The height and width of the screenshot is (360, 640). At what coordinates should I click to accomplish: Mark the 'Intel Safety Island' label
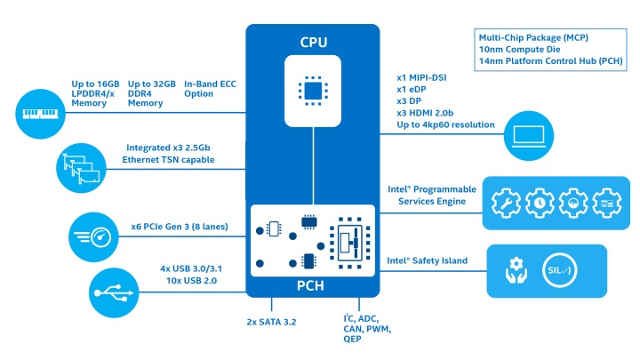coord(427,261)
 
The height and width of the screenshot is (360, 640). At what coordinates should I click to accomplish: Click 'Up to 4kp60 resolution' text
coord(444,124)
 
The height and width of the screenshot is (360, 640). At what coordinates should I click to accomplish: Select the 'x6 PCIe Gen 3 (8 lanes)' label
coord(178,228)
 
